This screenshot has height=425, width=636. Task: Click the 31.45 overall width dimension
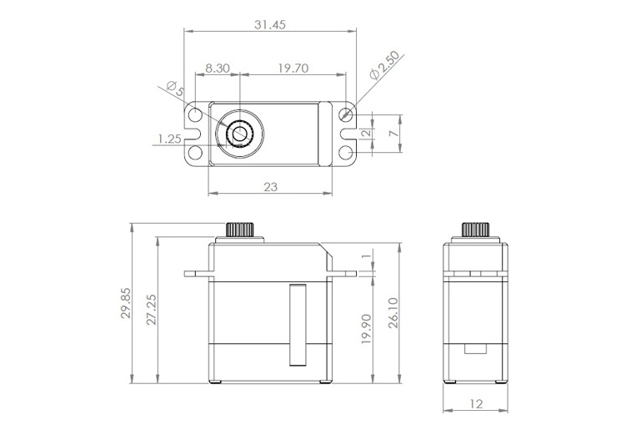[x=269, y=25]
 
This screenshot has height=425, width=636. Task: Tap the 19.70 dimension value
[x=293, y=68]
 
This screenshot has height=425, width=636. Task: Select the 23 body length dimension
[x=270, y=187]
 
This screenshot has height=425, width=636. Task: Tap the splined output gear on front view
[x=240, y=230]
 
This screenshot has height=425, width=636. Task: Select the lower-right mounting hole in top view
[x=347, y=152]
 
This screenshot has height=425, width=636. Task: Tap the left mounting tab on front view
[x=198, y=273]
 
